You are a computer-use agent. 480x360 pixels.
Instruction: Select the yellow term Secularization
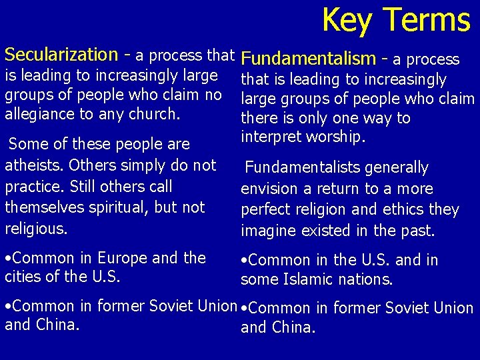[61, 54]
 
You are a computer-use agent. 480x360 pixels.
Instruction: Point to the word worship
[335, 137]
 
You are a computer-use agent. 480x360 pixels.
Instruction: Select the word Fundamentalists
[303, 167]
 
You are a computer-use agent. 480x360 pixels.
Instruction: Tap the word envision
[269, 189]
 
